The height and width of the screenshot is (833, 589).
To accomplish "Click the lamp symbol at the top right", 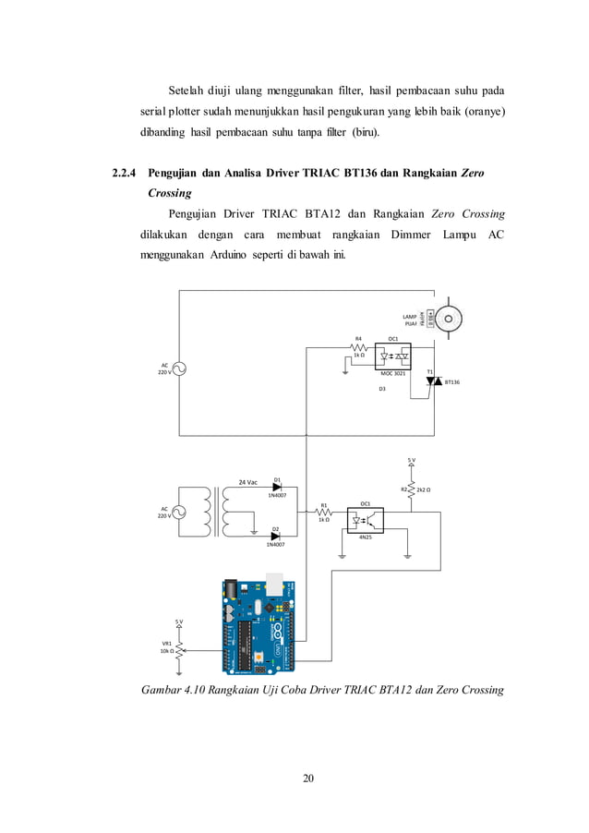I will point(449,319).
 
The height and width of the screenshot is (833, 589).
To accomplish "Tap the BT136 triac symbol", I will point(430,380).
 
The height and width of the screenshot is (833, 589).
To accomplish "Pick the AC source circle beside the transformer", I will point(179,512).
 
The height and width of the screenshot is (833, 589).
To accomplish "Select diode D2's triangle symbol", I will point(276,537).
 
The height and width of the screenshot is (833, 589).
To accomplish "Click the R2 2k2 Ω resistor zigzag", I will point(411,489).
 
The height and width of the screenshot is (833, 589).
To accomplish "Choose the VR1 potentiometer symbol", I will point(180,647).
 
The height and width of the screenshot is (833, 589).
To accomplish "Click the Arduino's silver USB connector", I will point(275,584).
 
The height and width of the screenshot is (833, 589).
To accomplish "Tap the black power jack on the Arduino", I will point(233,588).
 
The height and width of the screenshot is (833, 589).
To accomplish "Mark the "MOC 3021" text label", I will point(394,373).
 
